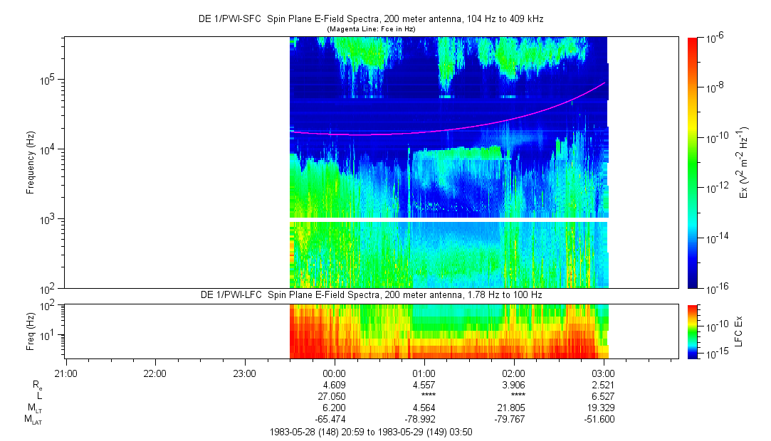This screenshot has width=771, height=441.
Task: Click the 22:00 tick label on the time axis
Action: point(154,372)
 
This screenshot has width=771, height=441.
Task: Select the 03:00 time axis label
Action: point(604,372)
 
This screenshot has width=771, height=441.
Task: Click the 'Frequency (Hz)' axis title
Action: point(31,162)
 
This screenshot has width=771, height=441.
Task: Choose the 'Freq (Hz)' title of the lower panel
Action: point(31,331)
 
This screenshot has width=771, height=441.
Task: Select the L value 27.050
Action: point(334,395)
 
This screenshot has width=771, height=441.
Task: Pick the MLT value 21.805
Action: point(514,407)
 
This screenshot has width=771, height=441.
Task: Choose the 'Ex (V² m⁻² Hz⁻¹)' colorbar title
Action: point(745,162)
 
